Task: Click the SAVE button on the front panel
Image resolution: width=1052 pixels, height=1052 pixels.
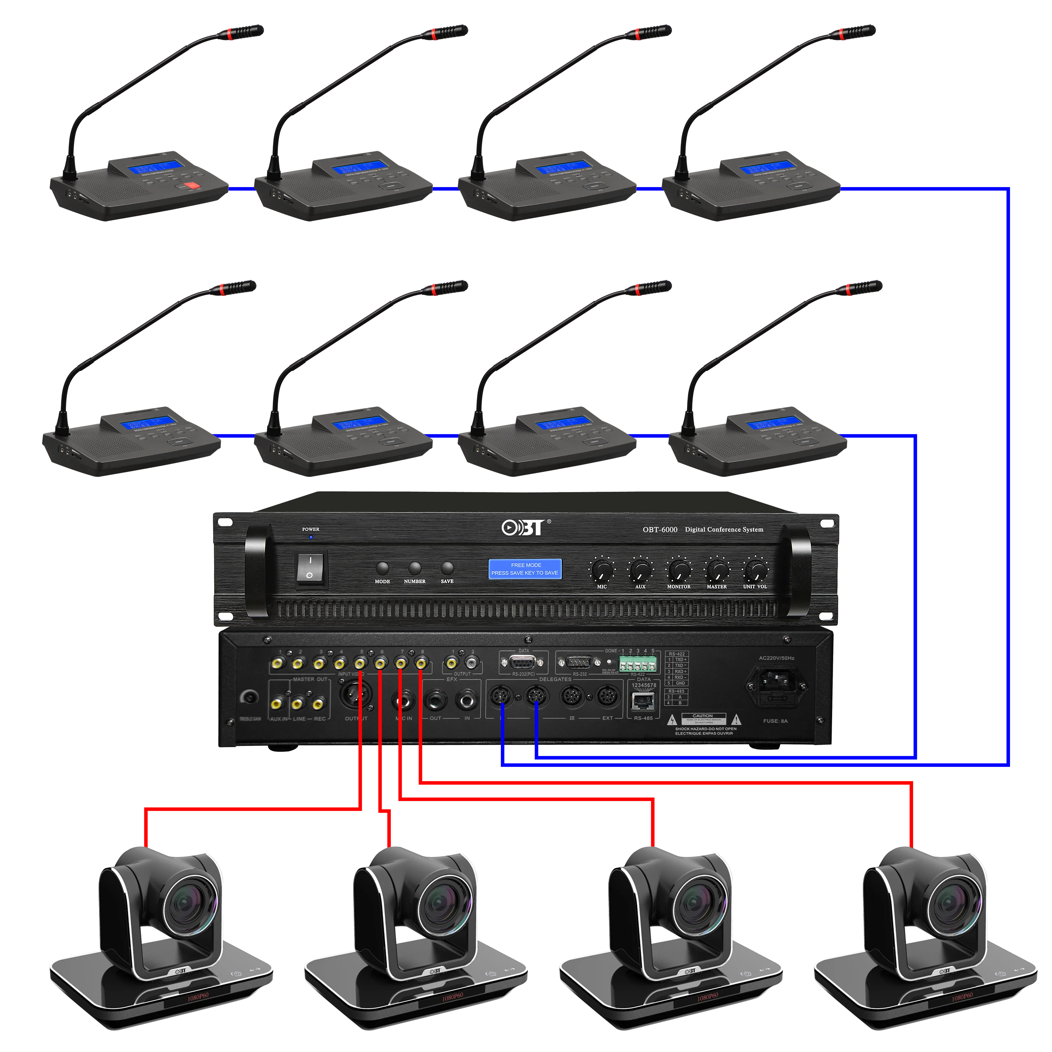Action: coord(447,568)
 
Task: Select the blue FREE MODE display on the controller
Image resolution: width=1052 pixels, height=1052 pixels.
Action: coord(525,569)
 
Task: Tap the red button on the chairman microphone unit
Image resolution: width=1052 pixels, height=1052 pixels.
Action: coord(191,186)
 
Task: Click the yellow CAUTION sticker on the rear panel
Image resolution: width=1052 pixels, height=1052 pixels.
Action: coord(703,718)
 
